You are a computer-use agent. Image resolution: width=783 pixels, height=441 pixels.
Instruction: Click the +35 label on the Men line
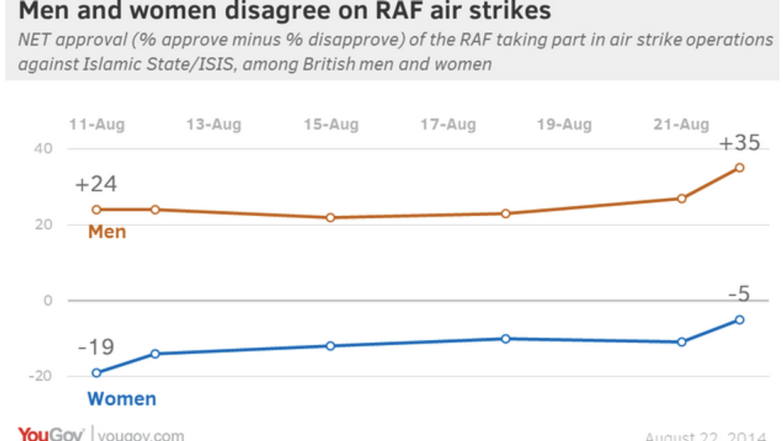pos(739,143)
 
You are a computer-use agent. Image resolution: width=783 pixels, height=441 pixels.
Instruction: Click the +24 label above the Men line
pos(96,185)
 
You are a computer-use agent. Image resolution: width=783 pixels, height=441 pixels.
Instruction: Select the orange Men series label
pos(107,232)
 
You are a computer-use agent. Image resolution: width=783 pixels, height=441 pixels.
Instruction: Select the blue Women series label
pos(121,399)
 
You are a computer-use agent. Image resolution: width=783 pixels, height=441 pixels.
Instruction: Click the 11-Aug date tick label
pos(96,125)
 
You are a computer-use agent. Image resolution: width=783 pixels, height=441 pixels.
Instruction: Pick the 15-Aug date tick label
pos(331,125)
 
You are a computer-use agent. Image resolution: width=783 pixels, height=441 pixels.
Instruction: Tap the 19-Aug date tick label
pos(564,125)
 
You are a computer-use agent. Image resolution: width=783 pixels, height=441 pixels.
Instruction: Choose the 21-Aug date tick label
pos(681,125)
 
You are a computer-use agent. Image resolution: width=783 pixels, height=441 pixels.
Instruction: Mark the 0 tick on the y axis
pos(47,301)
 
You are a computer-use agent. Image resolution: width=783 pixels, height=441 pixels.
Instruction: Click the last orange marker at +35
pos(740,167)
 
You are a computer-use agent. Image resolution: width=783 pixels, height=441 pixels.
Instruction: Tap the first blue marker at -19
pos(96,373)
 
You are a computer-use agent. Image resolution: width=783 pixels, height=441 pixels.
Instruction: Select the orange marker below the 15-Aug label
pos(331,218)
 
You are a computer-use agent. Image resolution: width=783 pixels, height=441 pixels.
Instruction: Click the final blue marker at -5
pos(740,320)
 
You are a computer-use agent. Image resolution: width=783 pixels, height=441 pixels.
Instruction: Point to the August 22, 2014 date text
pos(705,436)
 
